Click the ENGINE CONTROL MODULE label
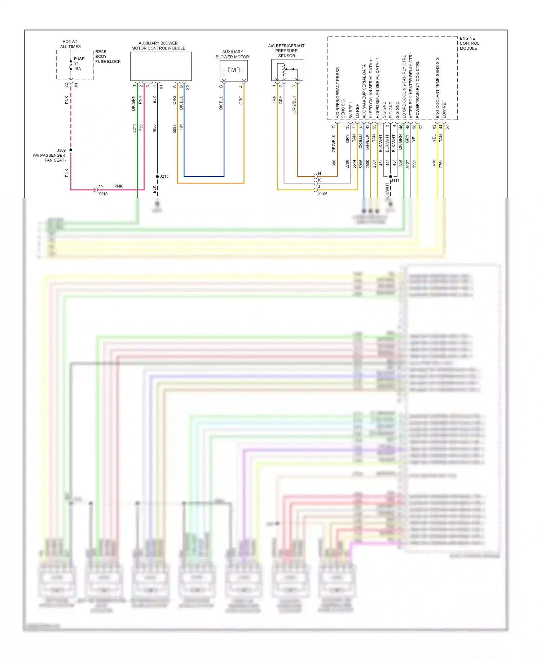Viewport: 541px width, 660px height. (x=469, y=43)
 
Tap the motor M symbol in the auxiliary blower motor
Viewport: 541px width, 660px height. (x=233, y=70)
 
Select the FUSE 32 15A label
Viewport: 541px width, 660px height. (x=79, y=64)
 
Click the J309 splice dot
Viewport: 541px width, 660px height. (x=71, y=150)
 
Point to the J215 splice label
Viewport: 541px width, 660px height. (x=164, y=176)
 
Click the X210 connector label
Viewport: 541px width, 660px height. (x=103, y=194)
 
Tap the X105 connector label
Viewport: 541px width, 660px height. (x=322, y=194)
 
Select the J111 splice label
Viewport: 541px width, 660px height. (x=396, y=181)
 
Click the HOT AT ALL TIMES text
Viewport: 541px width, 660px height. (x=70, y=44)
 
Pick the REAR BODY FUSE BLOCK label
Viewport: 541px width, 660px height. (x=107, y=57)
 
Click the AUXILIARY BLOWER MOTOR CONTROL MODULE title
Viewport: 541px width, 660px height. (x=158, y=45)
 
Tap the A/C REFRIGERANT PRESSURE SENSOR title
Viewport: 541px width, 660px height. (x=286, y=51)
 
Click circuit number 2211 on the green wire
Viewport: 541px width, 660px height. (x=134, y=128)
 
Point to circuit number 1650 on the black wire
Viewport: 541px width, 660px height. (x=154, y=128)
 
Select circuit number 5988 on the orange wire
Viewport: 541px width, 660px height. (x=174, y=128)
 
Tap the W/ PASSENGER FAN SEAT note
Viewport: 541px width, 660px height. (x=50, y=158)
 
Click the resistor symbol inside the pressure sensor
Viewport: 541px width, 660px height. (x=284, y=71)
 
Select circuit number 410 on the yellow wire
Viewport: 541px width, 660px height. (x=434, y=163)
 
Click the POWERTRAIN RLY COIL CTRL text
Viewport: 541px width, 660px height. (x=418, y=89)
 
